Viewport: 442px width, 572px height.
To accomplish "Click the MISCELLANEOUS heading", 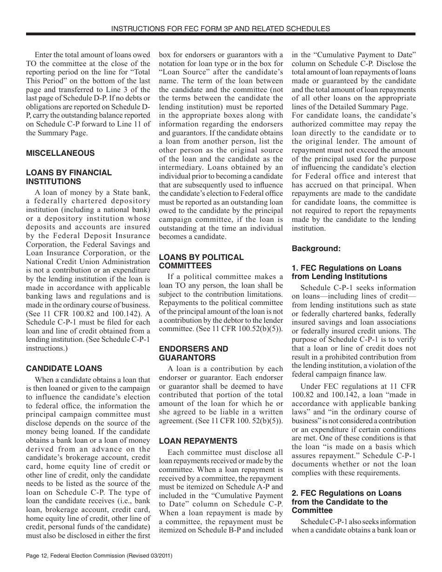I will tap(60, 153).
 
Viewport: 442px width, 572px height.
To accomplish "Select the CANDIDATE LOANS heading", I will tap(64, 368).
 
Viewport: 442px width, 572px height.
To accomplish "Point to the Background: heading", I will tap(316, 248).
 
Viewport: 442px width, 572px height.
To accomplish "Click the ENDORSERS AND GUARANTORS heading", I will tap(194, 353).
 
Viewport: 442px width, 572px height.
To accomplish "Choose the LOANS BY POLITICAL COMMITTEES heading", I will tap(201, 261).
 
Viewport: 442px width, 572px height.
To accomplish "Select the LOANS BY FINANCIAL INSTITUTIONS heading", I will tap(69, 177).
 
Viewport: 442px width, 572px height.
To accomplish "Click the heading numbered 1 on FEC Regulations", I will tap(346, 273).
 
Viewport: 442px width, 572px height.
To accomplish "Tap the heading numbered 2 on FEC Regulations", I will tap(346, 502).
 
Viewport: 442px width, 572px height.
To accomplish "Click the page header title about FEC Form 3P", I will tap(221, 28).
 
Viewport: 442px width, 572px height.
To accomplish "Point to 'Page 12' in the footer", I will tap(40, 556).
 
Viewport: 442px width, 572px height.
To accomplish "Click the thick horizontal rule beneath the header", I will tap(221, 34).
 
